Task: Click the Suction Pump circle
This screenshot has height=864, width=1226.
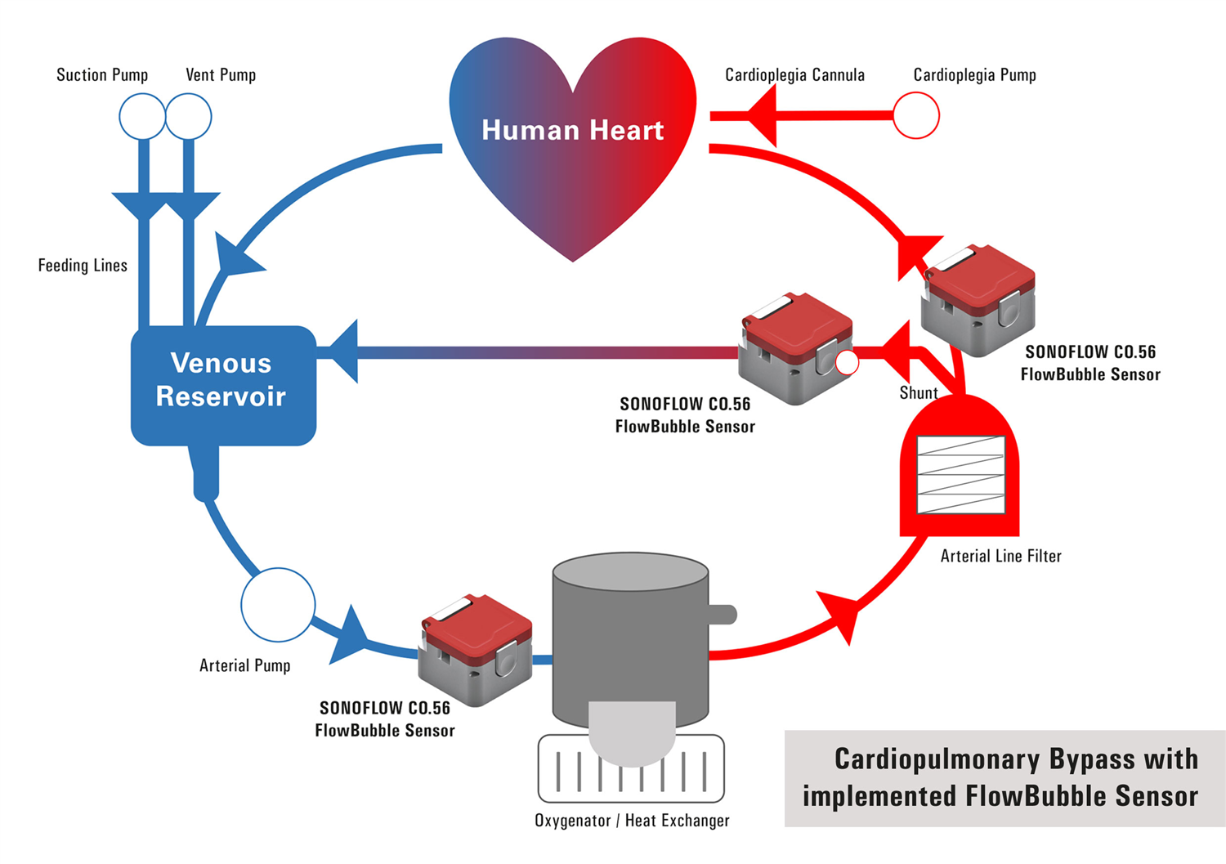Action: [142, 116]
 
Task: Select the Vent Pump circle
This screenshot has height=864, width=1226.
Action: [189, 116]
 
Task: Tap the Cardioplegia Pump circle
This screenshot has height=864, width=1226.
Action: [915, 115]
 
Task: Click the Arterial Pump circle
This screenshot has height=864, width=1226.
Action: [278, 605]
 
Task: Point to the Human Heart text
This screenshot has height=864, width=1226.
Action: [572, 130]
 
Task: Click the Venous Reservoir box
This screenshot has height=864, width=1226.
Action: [222, 384]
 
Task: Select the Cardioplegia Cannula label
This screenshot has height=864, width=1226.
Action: [794, 75]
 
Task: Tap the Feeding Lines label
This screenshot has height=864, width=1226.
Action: [83, 266]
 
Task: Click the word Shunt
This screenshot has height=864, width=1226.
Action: [918, 393]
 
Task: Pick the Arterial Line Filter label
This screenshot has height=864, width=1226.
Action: [1000, 557]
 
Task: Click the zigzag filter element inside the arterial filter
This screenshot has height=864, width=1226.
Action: [960, 475]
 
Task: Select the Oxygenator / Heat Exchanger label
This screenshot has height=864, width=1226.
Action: [632, 821]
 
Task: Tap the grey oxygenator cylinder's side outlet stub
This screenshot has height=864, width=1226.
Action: [723, 614]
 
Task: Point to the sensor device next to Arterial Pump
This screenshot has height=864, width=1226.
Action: [476, 650]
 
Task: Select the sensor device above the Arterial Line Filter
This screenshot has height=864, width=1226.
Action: [978, 300]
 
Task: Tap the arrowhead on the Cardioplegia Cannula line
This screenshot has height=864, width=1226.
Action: [762, 116]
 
